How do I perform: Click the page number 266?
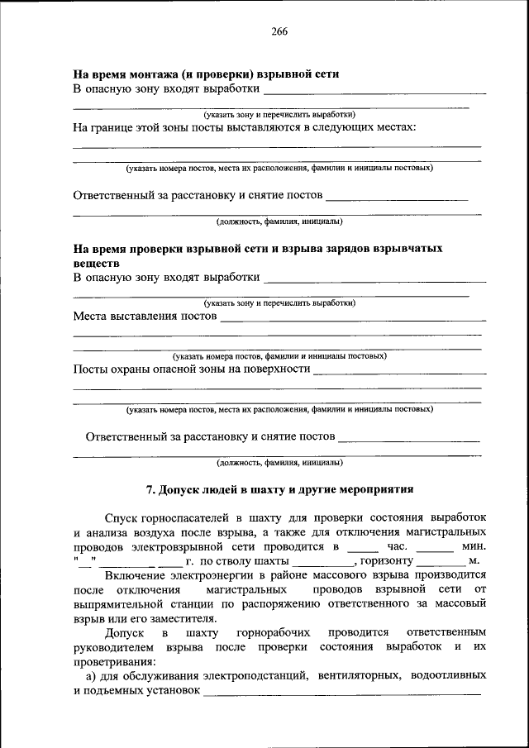click(x=279, y=31)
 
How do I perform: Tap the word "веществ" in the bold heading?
click(x=96, y=262)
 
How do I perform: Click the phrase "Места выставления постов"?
click(x=145, y=316)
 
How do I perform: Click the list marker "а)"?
click(x=91, y=675)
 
